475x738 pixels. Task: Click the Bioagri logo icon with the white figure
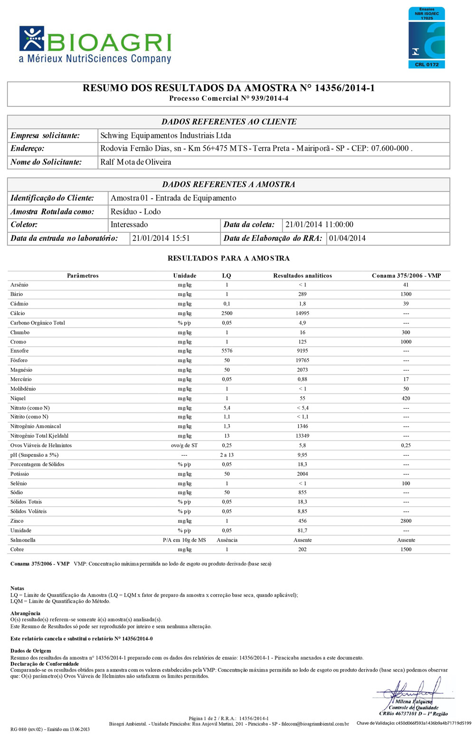tap(32, 38)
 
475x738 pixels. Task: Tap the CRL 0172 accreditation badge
tap(427, 38)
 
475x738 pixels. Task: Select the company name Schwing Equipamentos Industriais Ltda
tap(166, 135)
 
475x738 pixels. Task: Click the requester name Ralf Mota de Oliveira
tap(136, 162)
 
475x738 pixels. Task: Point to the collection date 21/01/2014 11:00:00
tap(319, 225)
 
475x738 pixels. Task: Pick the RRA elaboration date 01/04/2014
tap(347, 238)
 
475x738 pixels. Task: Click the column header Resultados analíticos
tap(303, 276)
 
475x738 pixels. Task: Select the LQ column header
tap(227, 276)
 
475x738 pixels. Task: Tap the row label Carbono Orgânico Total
tap(38, 323)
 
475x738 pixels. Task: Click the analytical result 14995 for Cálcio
tap(303, 313)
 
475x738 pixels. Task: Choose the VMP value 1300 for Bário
tap(406, 294)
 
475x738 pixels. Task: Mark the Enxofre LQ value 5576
tap(227, 351)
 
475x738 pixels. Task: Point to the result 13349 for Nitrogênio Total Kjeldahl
tap(303, 436)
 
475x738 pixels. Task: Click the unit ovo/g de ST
tap(184, 445)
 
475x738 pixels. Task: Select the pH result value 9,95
tap(303, 455)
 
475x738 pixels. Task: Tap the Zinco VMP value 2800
tap(406, 521)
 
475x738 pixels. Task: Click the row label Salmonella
tap(23, 540)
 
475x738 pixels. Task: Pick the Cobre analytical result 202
tap(303, 549)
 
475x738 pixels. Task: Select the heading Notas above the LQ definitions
tap(17, 588)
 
